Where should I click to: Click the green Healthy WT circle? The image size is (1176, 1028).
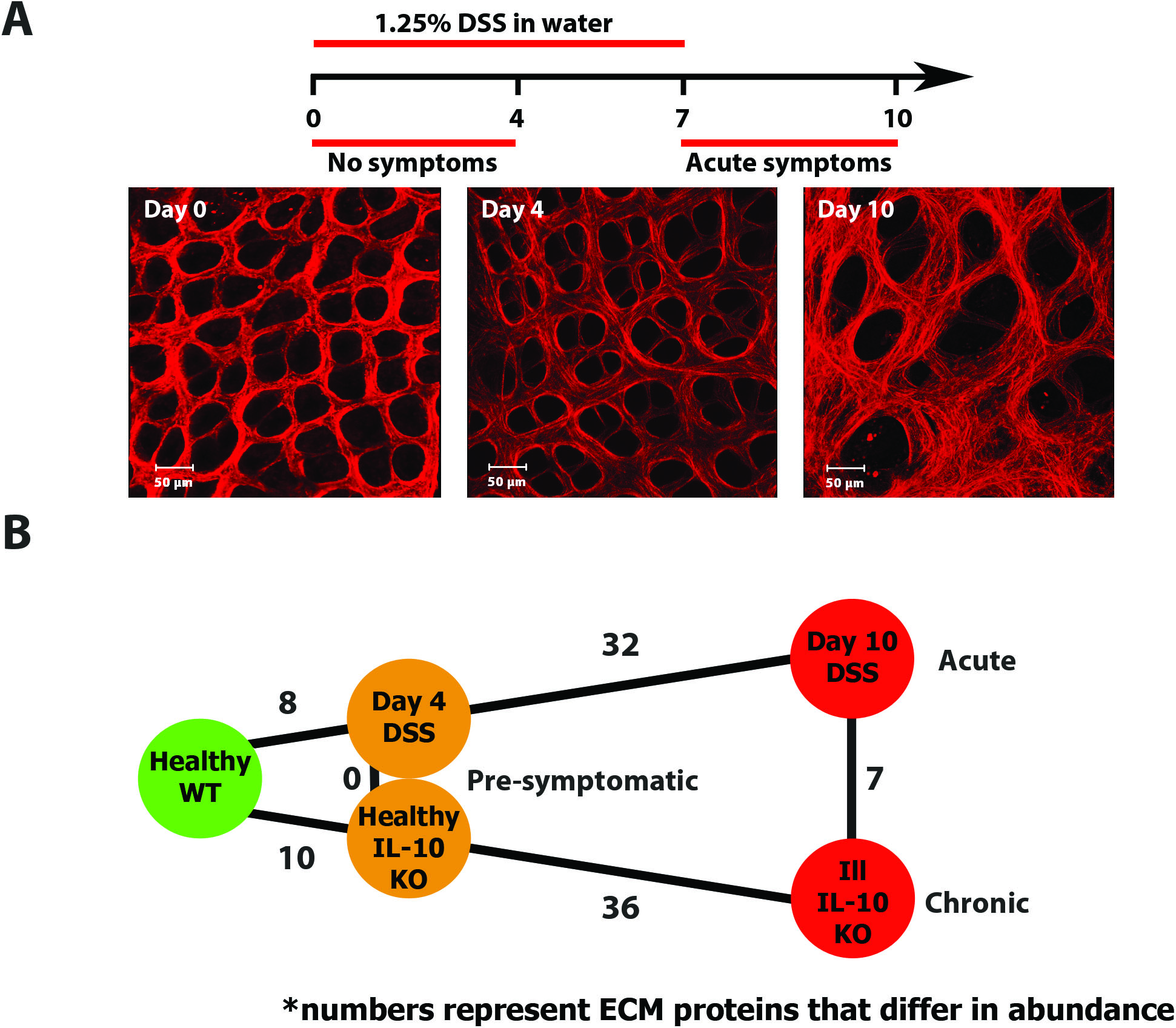(x=200, y=778)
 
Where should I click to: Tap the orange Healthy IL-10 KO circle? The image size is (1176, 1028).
(x=409, y=839)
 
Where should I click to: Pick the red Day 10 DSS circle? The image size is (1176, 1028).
(x=852, y=658)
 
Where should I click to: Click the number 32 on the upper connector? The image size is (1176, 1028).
(x=620, y=645)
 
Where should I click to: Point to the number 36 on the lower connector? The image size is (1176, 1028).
(x=620, y=908)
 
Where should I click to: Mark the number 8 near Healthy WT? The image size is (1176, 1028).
(x=288, y=703)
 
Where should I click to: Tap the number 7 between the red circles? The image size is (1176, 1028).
(x=874, y=779)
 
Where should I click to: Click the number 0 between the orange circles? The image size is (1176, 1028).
(x=352, y=779)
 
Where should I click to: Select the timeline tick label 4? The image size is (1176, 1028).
(x=516, y=118)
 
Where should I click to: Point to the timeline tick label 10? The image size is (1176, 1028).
(x=897, y=118)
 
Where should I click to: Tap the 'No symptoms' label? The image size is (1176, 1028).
(x=412, y=162)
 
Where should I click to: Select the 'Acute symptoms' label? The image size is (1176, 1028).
(x=788, y=162)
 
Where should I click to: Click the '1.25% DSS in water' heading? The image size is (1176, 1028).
(x=493, y=23)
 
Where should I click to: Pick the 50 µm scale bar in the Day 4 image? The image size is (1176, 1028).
(x=508, y=467)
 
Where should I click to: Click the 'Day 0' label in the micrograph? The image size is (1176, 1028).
(x=175, y=210)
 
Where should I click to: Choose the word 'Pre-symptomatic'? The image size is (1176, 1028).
(x=582, y=781)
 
